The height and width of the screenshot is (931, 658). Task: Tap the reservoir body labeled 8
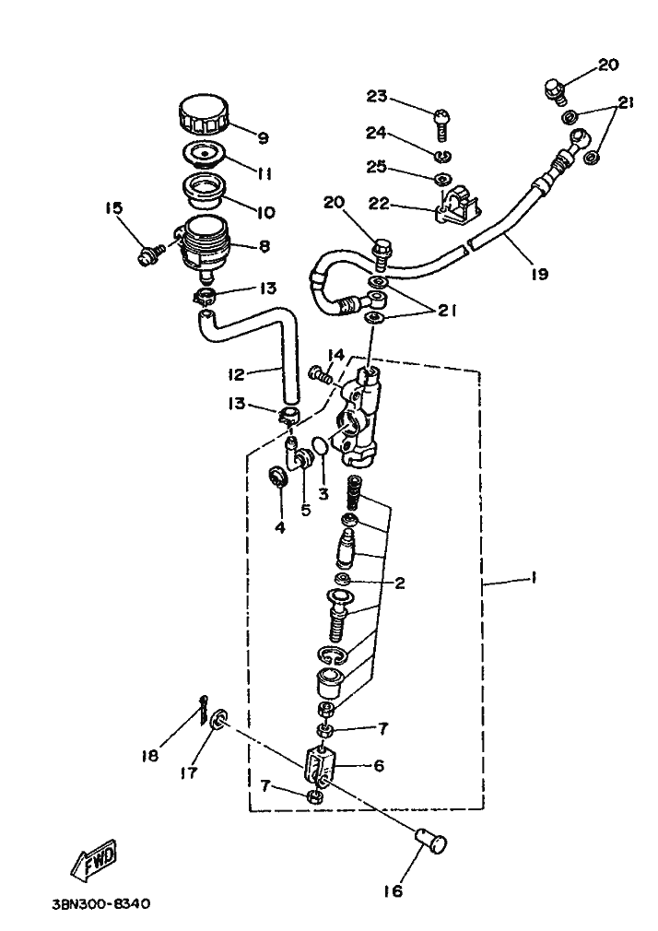[x=202, y=244]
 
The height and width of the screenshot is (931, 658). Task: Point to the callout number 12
[x=235, y=373]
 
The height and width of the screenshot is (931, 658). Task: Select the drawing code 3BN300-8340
[x=101, y=905]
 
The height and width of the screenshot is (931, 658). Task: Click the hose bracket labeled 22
[x=460, y=205]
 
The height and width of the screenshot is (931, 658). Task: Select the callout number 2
[x=399, y=583]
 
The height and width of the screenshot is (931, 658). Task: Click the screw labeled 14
[x=318, y=373]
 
